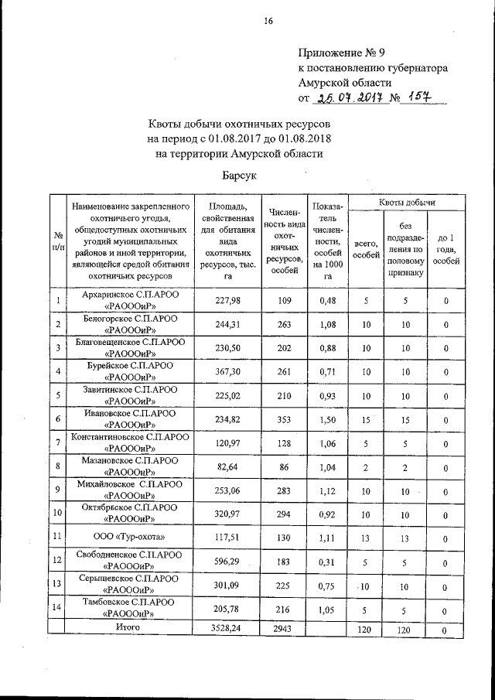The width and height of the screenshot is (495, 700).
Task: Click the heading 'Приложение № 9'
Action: pyautogui.click(x=341, y=53)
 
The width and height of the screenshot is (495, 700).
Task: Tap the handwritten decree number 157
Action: pyautogui.click(x=422, y=97)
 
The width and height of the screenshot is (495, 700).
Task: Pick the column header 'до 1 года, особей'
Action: pyautogui.click(x=445, y=249)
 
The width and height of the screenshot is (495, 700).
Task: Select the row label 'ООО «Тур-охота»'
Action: pyautogui.click(x=129, y=536)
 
